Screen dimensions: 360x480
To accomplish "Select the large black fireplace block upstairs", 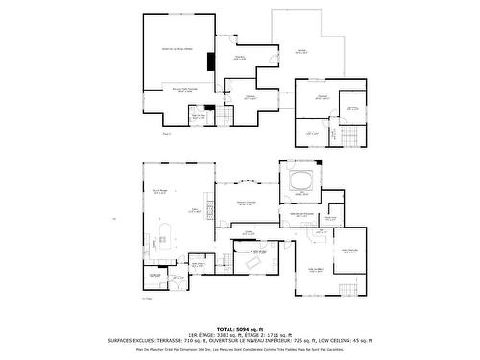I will pos(210,60).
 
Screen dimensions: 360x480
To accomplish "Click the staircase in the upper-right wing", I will pos(351,134).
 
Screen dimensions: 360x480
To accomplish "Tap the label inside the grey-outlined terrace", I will pos(301,51).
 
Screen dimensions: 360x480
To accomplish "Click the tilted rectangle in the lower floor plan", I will pos(256,261).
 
